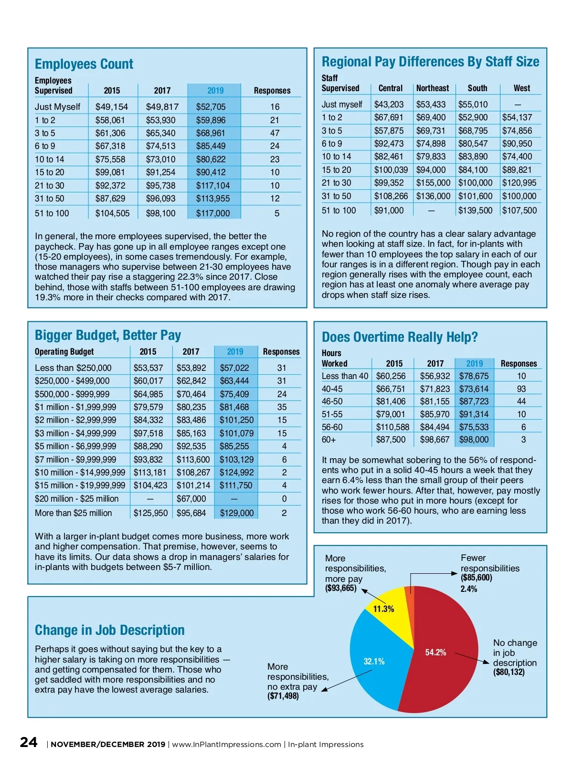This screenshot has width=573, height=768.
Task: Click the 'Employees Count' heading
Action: (x=84, y=64)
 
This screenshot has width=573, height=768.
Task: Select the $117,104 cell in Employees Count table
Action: (x=212, y=186)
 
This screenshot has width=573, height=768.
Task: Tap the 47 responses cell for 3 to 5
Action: (x=275, y=133)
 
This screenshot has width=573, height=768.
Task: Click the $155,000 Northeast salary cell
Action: (x=433, y=183)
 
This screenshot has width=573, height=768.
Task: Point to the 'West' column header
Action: (x=521, y=88)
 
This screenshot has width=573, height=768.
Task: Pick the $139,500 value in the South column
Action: (x=475, y=210)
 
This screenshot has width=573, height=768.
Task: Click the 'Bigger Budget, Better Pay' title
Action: (x=108, y=335)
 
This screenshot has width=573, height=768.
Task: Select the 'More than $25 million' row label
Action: (x=74, y=513)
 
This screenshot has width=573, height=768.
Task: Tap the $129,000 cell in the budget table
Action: (x=236, y=513)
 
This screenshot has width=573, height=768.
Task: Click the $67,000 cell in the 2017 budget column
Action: (x=191, y=499)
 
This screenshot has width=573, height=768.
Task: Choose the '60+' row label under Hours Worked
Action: (x=329, y=440)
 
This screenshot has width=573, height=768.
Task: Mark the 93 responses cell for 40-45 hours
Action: (x=521, y=389)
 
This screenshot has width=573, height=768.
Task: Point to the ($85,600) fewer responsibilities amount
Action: (x=476, y=578)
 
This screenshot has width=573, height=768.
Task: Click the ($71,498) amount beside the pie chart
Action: (x=283, y=696)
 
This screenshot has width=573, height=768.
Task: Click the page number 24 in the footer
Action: (x=29, y=742)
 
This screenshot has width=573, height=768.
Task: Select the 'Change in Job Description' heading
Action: (x=109, y=630)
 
